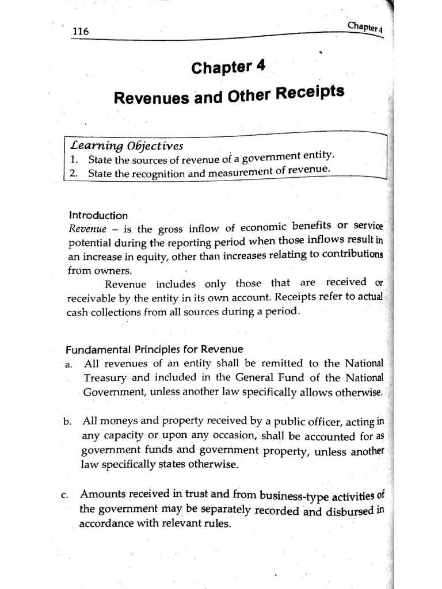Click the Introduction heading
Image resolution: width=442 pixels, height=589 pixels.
point(98,216)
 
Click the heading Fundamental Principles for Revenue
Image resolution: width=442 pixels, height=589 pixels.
point(154,349)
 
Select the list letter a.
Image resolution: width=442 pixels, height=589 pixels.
point(69,365)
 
